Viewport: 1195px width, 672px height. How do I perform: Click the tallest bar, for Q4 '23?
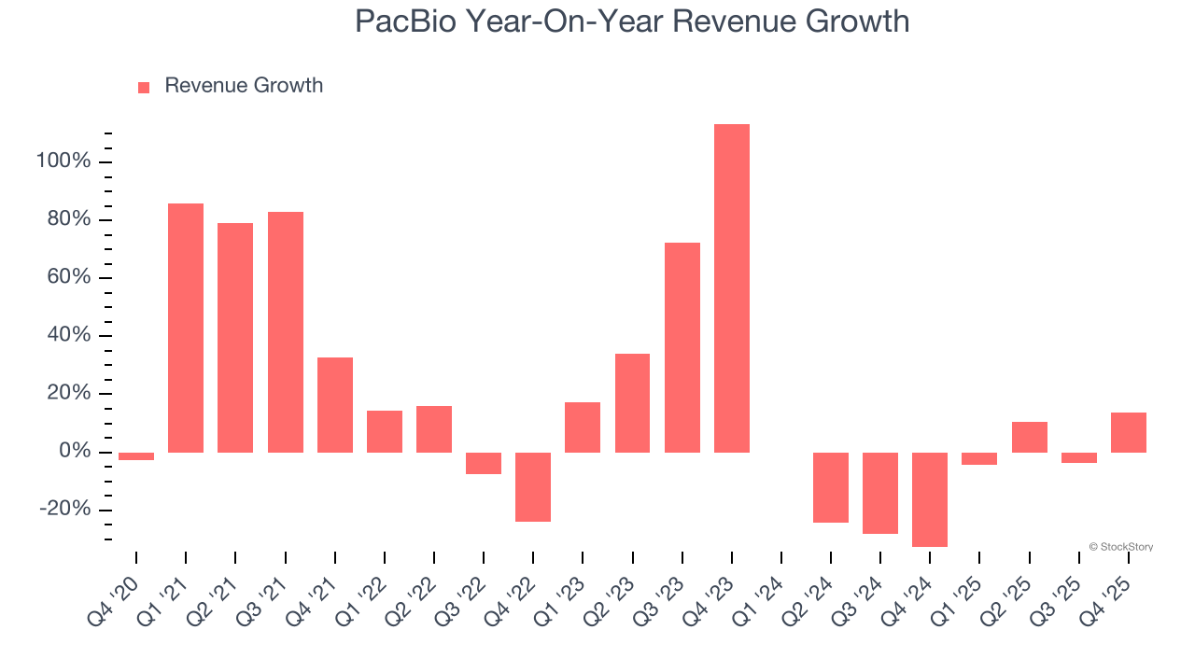click(x=732, y=288)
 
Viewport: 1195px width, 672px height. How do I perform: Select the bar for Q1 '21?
click(x=186, y=328)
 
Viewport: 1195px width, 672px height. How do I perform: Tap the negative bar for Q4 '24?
click(x=930, y=499)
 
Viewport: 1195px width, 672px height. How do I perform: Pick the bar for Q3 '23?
click(x=682, y=347)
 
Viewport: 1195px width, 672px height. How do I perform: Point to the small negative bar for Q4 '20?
click(x=136, y=456)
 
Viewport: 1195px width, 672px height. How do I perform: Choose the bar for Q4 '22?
click(x=533, y=487)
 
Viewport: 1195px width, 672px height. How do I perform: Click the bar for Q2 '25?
click(x=1029, y=437)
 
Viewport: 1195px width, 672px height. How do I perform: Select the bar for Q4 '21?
click(x=335, y=405)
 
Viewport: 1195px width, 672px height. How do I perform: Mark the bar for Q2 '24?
click(x=831, y=487)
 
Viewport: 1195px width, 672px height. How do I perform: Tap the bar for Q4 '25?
click(x=1129, y=432)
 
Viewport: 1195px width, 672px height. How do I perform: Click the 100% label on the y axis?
click(x=63, y=161)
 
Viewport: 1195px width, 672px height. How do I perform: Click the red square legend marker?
click(x=144, y=88)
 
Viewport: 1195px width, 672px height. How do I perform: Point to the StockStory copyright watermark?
click(x=1120, y=547)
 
